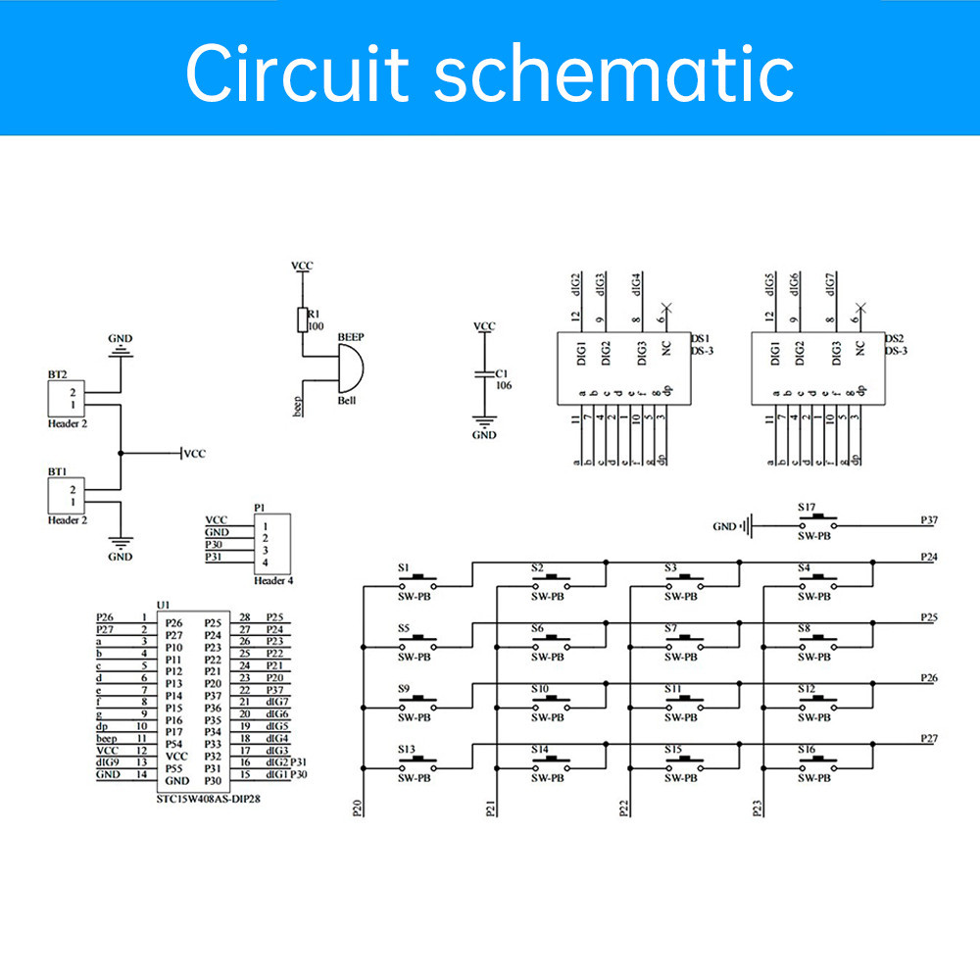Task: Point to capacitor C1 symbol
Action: [483, 374]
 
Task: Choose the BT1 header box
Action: [66, 496]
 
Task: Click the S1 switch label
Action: [404, 567]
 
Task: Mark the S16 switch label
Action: [805, 749]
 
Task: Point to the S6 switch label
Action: [538, 628]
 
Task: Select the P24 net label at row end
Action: [930, 557]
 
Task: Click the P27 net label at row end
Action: [930, 738]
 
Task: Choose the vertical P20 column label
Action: [357, 808]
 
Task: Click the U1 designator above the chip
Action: [163, 606]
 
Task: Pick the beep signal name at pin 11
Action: [107, 739]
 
